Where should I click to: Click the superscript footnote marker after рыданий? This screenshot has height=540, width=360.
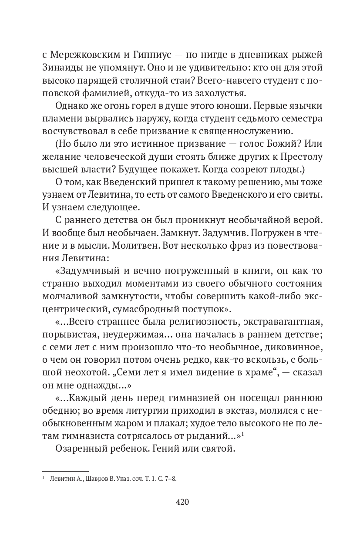[x=242, y=433]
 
